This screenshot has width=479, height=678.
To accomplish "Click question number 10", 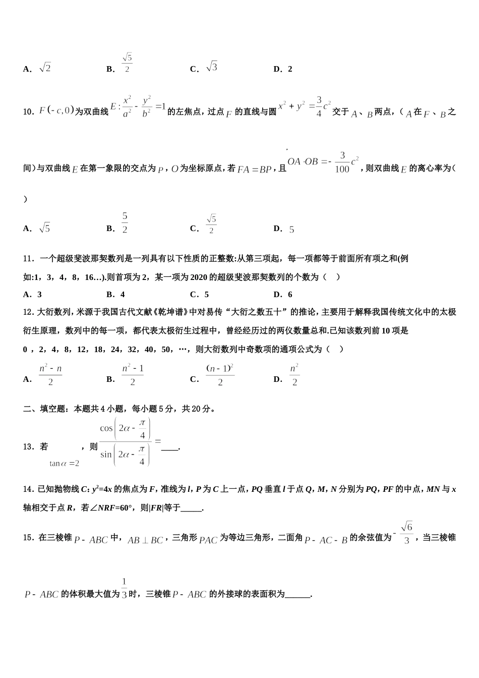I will (28, 112).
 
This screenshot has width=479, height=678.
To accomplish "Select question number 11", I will (28, 259).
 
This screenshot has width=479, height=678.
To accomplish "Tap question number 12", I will (28, 312).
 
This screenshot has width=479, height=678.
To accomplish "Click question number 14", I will (28, 489).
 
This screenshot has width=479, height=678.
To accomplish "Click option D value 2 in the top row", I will (289, 69).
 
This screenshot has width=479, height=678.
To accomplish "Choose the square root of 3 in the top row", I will (212, 67).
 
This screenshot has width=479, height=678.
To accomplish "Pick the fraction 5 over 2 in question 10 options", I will (125, 223).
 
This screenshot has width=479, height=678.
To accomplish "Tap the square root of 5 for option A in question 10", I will (45, 228).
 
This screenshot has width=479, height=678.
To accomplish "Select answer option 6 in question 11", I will (289, 295).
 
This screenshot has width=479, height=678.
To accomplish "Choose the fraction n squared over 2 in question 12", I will (294, 375).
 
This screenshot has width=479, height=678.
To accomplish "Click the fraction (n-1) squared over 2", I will (220, 375).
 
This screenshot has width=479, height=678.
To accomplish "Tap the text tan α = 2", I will (64, 463).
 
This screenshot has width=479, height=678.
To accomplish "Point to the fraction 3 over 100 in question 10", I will (342, 162).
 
